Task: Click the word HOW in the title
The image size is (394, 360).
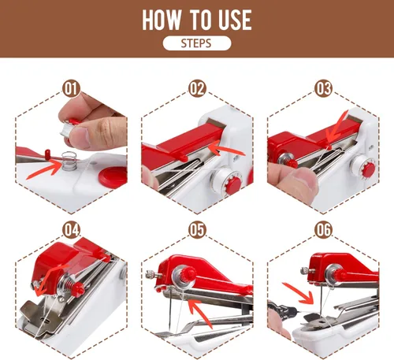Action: (162, 20)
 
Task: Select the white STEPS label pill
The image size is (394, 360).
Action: (197, 43)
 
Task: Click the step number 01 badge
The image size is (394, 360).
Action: (71, 89)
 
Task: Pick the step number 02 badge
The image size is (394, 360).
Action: (197, 89)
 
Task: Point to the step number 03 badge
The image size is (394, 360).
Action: (323, 89)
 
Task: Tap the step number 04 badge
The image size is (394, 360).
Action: (71, 230)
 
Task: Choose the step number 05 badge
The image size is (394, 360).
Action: (197, 230)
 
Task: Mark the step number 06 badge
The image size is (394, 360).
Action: (323, 230)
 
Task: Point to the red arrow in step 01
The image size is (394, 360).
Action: (45, 171)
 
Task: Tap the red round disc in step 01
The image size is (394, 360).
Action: (113, 176)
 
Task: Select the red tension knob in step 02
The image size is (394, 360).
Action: (233, 184)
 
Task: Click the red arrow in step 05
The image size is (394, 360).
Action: (201, 313)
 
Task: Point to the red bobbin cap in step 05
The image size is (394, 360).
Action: (188, 274)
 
